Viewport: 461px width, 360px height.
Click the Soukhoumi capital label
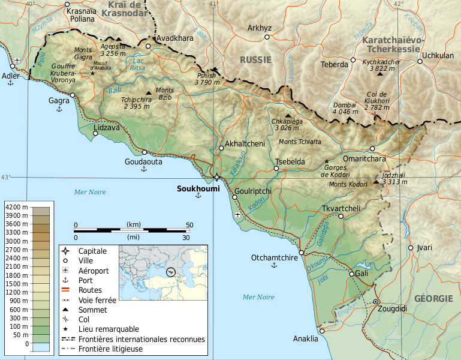[198, 188]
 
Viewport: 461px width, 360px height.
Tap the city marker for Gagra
[73, 95]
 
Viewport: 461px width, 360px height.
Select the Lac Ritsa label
[138, 64]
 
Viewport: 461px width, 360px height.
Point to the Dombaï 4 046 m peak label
[345, 107]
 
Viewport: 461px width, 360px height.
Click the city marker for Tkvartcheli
[341, 216]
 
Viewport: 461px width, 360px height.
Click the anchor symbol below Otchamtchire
[275, 265]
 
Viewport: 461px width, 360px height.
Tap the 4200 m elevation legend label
[16, 207]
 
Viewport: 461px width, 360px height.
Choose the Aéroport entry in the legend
[94, 271]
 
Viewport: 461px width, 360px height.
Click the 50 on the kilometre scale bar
[189, 225]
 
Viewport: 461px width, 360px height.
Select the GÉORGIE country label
[433, 298]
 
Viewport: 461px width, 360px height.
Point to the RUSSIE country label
[255, 60]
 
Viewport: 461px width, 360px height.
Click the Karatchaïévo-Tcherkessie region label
[393, 44]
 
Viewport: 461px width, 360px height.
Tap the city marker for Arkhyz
[267, 37]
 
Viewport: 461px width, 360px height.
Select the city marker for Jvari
[411, 247]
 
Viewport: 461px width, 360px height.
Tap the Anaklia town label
[306, 340]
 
